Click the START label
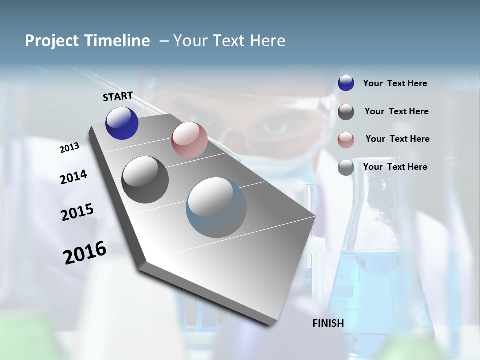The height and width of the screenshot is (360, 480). point(118,96)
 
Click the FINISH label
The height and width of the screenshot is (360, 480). point(328,323)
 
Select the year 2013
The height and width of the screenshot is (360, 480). point(69,147)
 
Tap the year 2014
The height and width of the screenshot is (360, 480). point(73,177)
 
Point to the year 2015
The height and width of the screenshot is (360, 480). point(77,212)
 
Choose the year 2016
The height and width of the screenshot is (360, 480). point(85,252)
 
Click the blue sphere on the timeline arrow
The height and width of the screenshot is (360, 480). point(122,123)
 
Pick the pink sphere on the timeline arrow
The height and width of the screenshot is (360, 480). point(189,139)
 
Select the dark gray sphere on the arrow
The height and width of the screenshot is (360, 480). point(145,180)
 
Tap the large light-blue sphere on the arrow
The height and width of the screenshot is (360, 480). point(216,208)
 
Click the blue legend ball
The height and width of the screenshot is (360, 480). point(346,83)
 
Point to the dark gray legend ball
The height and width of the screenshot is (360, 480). point(346,111)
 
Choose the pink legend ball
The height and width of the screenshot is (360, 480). point(346,139)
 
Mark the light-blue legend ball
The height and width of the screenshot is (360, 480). point(346,167)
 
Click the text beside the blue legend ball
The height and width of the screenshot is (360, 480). point(395,83)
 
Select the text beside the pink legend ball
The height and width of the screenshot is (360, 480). point(397,139)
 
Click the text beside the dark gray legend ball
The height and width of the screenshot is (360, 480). point(396,111)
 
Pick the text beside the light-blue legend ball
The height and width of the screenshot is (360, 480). point(395,167)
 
